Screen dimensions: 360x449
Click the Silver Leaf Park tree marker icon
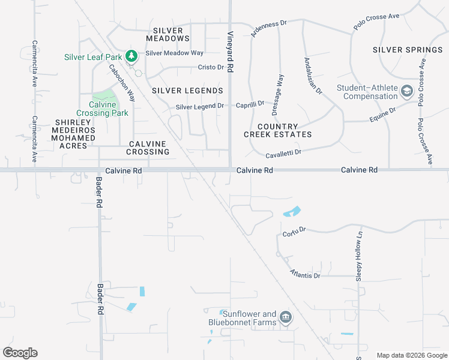click(x=131, y=57)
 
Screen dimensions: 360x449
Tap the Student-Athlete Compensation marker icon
click(x=407, y=91)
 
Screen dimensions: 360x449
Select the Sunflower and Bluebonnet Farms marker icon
click(x=285, y=317)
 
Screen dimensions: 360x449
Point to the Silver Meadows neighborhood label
click(x=171, y=34)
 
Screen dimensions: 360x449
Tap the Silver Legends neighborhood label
click(x=187, y=91)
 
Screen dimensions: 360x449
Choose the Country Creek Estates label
click(x=277, y=130)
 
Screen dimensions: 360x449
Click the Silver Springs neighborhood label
click(x=407, y=49)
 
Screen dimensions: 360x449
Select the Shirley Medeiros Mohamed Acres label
click(x=75, y=130)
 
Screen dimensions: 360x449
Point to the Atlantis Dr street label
click(x=305, y=274)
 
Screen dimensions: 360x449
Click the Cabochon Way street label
click(x=122, y=83)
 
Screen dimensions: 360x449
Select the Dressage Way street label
click(x=279, y=94)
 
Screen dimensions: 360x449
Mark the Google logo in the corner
click(x=20, y=353)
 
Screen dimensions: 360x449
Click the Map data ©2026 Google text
click(x=411, y=355)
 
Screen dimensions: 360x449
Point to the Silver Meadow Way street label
click(x=174, y=53)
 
